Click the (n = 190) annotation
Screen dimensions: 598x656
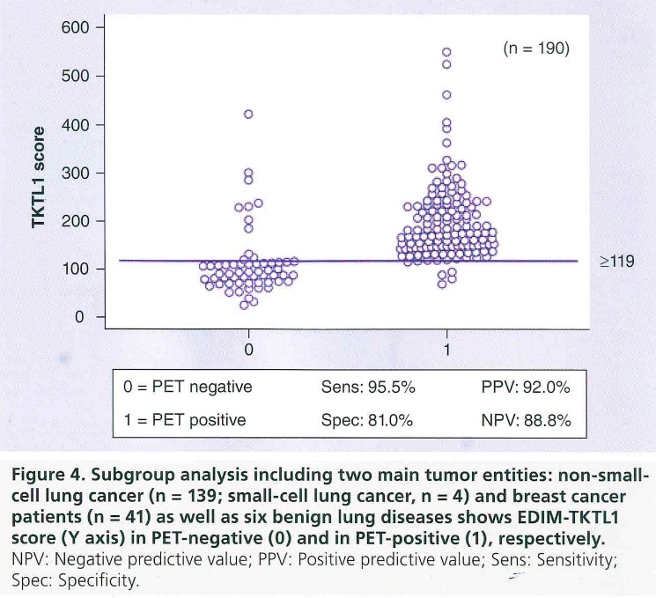[536, 50]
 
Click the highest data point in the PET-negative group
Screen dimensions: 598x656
[248, 114]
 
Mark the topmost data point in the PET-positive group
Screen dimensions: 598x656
[446, 52]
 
